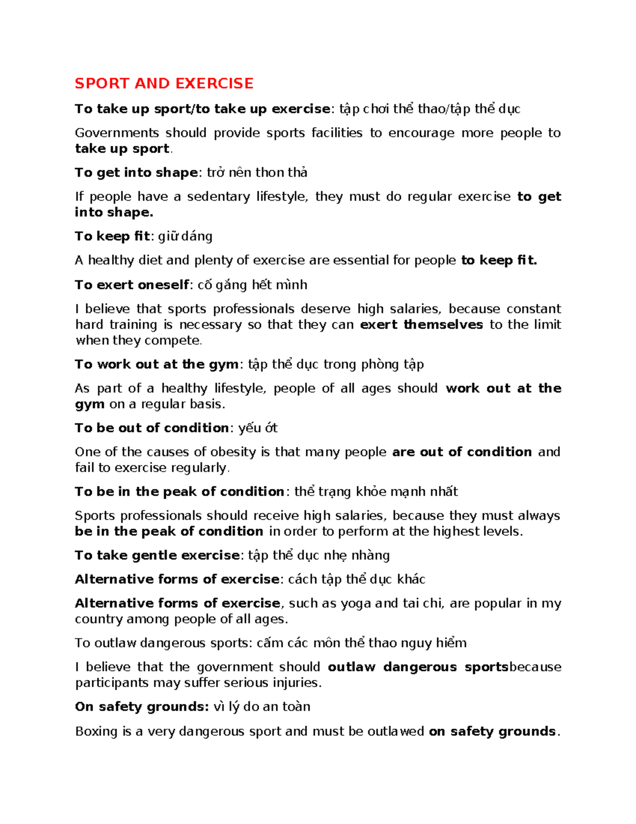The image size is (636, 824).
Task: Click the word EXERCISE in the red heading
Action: coord(214,83)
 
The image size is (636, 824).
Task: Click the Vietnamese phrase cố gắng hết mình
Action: coord(252,285)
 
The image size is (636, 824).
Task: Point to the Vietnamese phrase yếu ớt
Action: coord(258,428)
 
